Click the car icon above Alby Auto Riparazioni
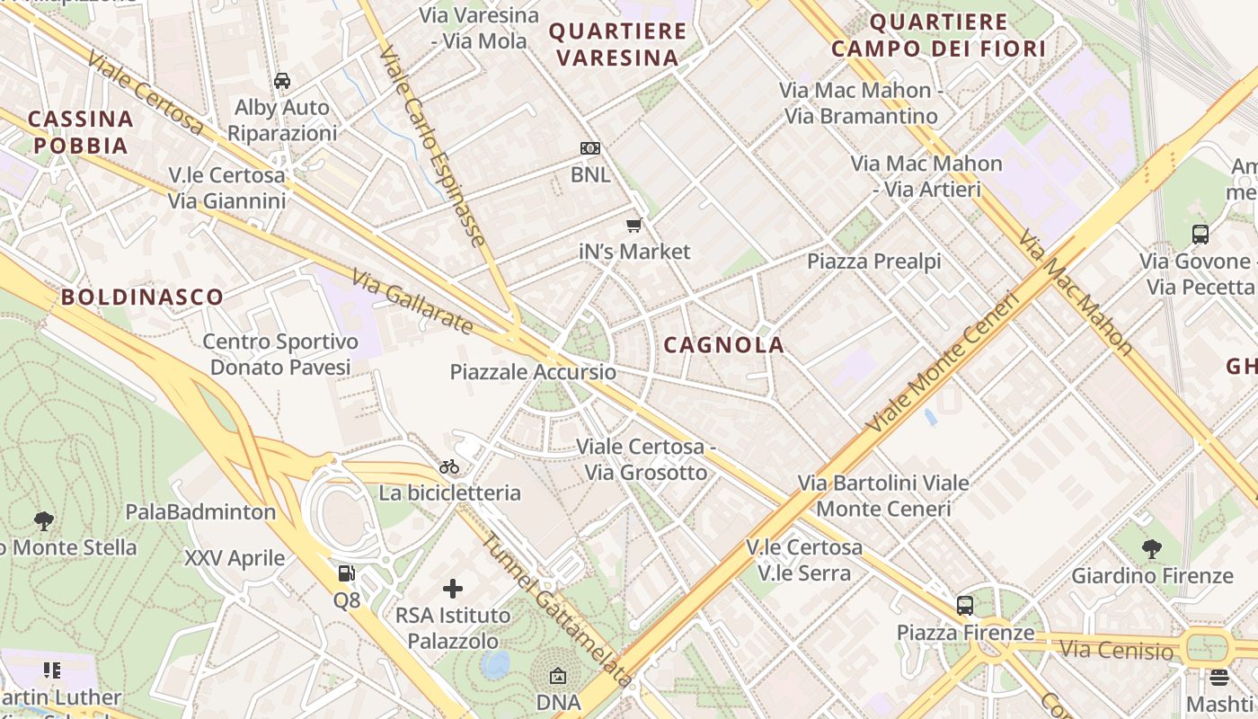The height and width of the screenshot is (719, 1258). pos(282,81)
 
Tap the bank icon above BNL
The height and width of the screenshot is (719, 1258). pos(590,148)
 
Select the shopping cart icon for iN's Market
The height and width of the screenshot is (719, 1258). pos(634,225)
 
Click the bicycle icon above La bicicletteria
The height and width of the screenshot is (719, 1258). pos(449,466)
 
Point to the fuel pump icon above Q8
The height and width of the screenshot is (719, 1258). pos(346,573)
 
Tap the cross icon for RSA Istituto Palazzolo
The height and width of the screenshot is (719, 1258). pos(453,589)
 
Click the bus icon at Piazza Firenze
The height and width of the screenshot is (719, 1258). pos(965,606)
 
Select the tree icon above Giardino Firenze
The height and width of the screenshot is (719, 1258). pos(1152,548)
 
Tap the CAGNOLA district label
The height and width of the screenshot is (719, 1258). pos(724,344)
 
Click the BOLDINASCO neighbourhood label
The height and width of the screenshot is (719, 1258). pos(142,297)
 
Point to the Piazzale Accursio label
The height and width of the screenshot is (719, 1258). pos(533,372)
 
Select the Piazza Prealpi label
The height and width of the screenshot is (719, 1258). pos(873,262)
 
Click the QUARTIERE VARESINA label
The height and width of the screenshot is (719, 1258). pos(617,45)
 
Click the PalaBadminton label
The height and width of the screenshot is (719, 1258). pos(200,512)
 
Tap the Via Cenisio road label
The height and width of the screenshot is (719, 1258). pos(1116,649)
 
